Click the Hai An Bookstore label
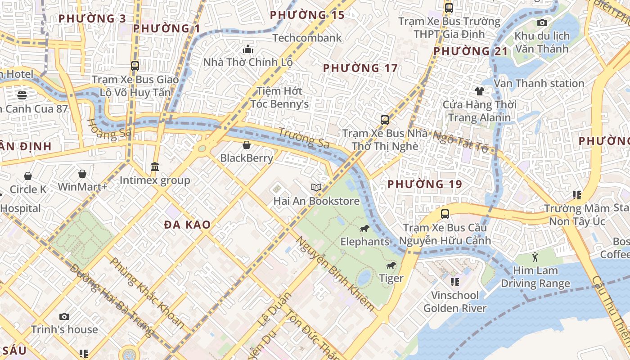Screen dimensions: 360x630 pos(316,201)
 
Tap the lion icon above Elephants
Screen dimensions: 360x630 pos(364,229)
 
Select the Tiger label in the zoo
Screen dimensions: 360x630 pos(391,279)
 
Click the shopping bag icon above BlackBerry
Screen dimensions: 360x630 pos(247,145)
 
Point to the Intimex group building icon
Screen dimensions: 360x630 pos(155,167)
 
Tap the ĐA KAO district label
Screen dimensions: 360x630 pos(187,225)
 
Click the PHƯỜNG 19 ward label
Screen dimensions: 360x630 pos(424,184)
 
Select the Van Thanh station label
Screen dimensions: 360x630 pos(539,83)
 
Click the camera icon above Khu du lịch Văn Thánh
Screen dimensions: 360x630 pos(542,22)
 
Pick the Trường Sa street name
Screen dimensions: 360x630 pos(304,138)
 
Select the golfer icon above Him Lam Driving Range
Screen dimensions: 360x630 pos(535,257)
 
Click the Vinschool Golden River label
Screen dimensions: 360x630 pos(455,302)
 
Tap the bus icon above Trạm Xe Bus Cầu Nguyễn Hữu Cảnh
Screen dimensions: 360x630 pos(445,214)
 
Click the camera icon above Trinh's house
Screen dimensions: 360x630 pos(64,316)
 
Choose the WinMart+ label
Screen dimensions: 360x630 pos(82,186)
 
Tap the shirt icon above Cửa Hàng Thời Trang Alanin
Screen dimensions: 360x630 pos(479,91)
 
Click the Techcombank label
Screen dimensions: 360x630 pos(307,38)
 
